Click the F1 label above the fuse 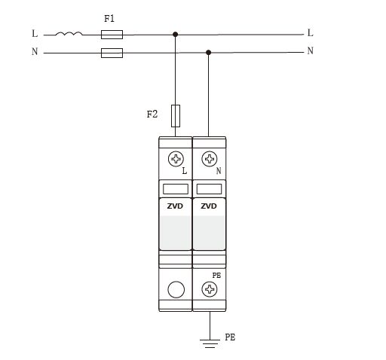[x=109, y=19]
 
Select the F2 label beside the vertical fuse [x=152, y=114]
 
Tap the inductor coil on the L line [x=69, y=33]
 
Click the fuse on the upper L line [x=112, y=35]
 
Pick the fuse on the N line [x=112, y=53]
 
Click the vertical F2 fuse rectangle [x=176, y=116]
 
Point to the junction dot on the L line [x=176, y=35]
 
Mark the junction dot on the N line [x=208, y=53]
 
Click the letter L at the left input [x=35, y=33]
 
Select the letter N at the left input [x=35, y=51]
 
